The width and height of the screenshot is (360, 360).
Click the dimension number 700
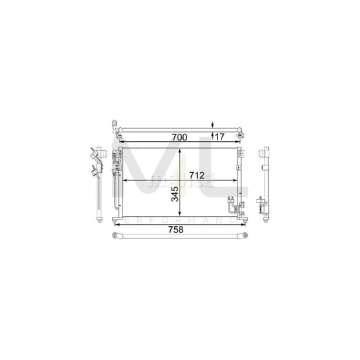coord(179,137)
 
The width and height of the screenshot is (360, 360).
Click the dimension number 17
coord(219,136)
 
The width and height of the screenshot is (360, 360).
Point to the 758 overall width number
coord(175,229)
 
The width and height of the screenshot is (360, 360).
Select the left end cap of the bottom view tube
coord(115,235)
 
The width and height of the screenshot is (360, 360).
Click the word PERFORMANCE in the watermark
coord(179,220)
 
